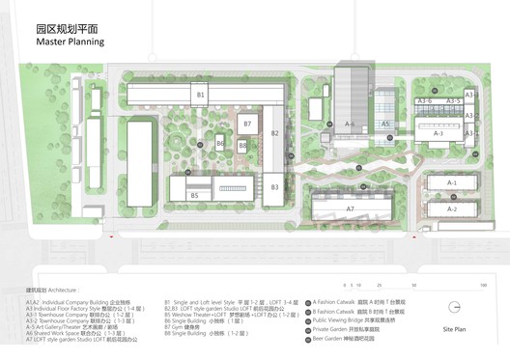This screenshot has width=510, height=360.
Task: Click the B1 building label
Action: coord(201,96)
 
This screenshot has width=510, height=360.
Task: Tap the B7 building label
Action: coord(247,125)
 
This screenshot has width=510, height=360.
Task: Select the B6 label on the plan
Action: coord(220,144)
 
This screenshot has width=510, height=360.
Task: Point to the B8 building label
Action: coord(242,146)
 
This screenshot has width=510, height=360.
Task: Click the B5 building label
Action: coord(194,195)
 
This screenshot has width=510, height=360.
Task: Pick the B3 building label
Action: coord(274,186)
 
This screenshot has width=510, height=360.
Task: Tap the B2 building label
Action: coord(274,134)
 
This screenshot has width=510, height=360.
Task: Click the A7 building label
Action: coord(351,208)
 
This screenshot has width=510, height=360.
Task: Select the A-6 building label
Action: coord(351,125)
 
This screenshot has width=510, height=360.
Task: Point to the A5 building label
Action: coord(384,125)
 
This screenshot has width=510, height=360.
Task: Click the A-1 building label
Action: coord(451,182)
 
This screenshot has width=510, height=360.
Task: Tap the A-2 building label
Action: coord(451,208)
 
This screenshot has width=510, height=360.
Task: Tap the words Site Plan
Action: coord(454,330)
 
